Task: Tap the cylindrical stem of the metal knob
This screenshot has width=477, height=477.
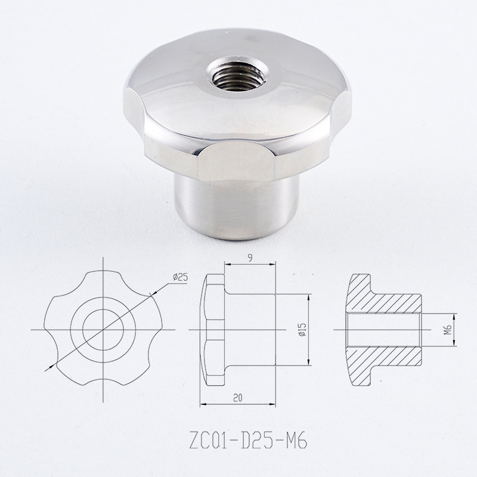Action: point(236,207)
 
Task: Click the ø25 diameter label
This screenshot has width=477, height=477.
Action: point(181,277)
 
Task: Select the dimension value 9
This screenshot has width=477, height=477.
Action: point(250,258)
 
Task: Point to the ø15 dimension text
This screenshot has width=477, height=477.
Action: point(303,330)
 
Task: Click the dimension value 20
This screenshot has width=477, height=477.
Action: point(238,398)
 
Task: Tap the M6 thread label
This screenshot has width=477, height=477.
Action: point(447,330)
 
